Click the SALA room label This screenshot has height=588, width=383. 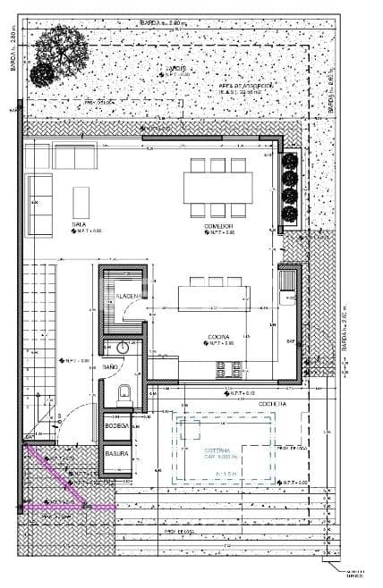pos(79,224)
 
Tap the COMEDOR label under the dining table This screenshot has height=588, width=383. pos(218,225)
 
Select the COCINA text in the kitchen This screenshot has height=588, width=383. pos(220,338)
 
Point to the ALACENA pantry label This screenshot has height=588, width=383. pos(130,295)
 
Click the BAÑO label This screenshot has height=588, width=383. pos(110,367)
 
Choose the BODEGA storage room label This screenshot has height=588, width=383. pos(116,426)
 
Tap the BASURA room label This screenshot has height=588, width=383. pos(117,453)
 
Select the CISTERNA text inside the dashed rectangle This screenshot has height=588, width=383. pos(217,449)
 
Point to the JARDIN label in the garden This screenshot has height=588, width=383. pos(174,68)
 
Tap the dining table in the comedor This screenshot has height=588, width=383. pos(217,187)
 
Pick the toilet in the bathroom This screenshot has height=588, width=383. pos(124,391)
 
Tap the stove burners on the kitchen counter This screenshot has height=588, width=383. pos(235,365)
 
